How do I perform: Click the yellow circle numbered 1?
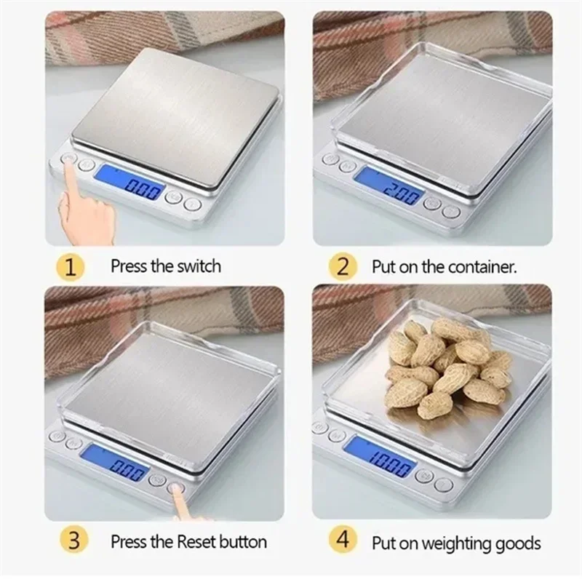point(70,266)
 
